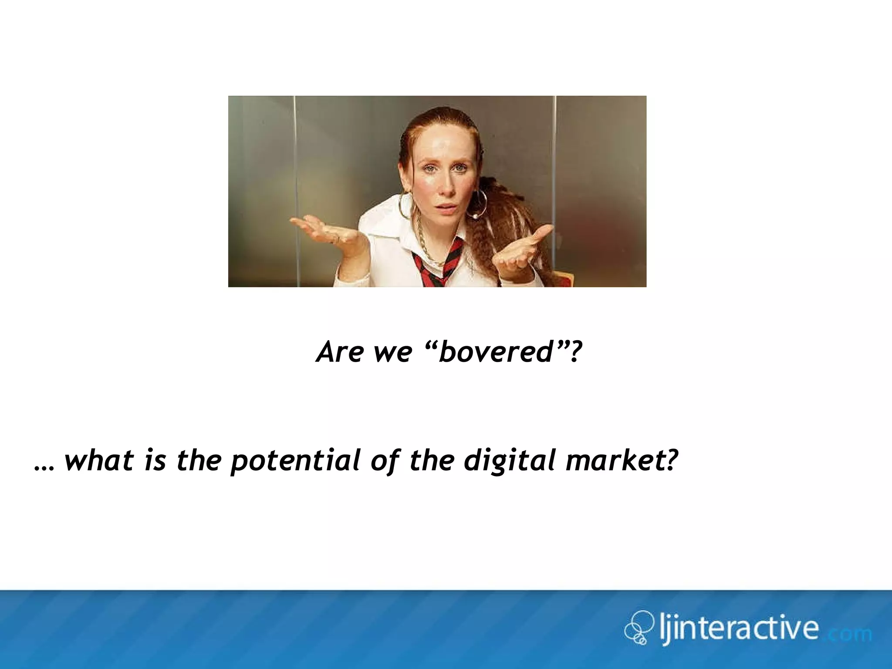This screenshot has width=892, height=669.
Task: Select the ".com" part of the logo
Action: [x=849, y=633]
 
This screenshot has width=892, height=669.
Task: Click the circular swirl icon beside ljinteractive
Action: [x=638, y=627]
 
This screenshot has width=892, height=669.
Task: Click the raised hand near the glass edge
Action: [x=523, y=250]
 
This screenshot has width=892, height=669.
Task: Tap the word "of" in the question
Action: [x=385, y=460]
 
